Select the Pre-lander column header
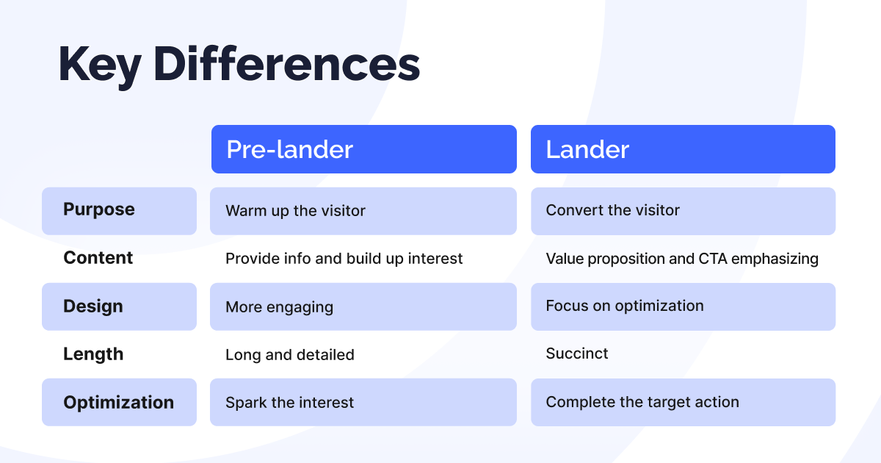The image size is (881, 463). (363, 149)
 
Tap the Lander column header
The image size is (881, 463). (683, 149)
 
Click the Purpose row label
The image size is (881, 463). (119, 210)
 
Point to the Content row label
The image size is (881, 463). (98, 258)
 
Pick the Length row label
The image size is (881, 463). (93, 354)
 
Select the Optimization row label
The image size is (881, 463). (119, 403)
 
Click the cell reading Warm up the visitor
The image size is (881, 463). (363, 211)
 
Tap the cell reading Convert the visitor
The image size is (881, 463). (683, 211)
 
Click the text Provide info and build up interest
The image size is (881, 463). (344, 259)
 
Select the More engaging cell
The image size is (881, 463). (363, 306)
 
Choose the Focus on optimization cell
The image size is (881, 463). (683, 306)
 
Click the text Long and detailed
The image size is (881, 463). (289, 355)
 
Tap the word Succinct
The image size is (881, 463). (577, 354)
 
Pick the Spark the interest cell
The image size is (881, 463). (363, 403)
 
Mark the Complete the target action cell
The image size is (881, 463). (683, 403)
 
